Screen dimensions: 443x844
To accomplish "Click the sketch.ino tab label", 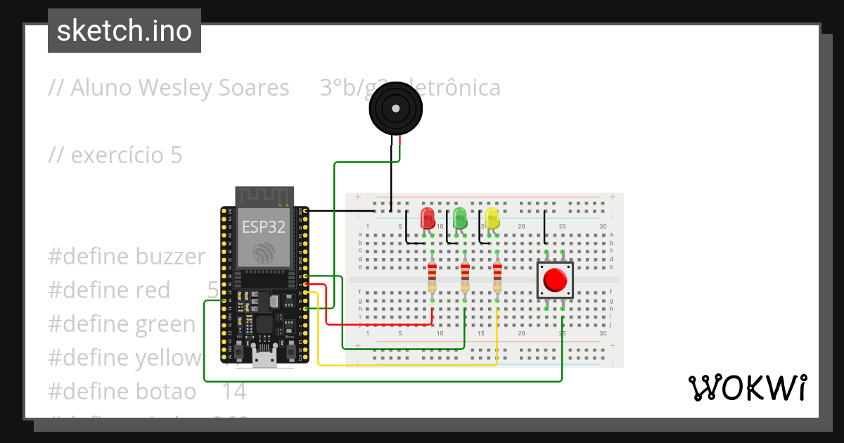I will coord(124,31).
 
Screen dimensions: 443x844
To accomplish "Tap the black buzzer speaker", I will coord(396,108).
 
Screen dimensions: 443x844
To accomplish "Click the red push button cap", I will coord(556,280).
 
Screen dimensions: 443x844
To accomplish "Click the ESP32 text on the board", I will coord(264,226).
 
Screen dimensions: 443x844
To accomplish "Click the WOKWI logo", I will coord(747,388).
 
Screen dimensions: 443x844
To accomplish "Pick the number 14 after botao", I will coord(234,392).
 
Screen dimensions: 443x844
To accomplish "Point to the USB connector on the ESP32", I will coord(264,359).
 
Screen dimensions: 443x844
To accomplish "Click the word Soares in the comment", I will coord(253,88).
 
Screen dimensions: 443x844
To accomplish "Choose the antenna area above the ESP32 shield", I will coord(264,196).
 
